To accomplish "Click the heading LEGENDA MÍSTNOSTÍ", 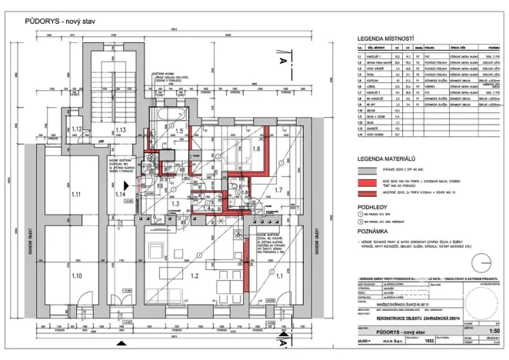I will click(382, 38).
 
